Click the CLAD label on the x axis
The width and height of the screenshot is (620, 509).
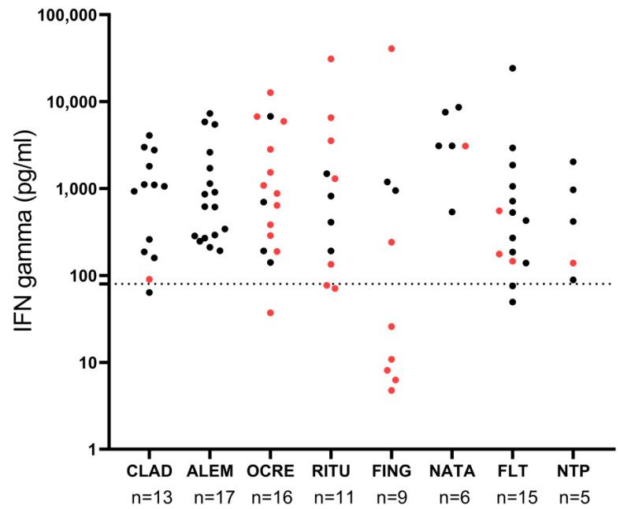click(x=149, y=471)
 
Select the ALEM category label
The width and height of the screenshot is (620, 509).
click(x=210, y=471)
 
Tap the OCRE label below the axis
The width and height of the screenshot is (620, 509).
click(x=270, y=471)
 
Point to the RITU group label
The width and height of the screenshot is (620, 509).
click(x=331, y=471)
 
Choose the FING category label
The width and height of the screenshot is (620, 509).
click(x=392, y=471)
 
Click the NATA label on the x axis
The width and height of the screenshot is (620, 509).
click(x=452, y=471)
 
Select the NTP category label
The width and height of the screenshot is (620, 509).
click(x=574, y=471)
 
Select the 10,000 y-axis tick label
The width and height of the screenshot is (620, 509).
click(x=69, y=102)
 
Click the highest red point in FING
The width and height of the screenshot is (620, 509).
click(x=392, y=49)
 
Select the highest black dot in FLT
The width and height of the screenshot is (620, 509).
click(x=513, y=69)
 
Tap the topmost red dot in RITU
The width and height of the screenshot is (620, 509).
click(x=331, y=59)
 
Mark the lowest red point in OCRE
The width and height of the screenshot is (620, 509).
click(x=270, y=313)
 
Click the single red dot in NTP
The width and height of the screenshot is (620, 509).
click(x=574, y=263)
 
